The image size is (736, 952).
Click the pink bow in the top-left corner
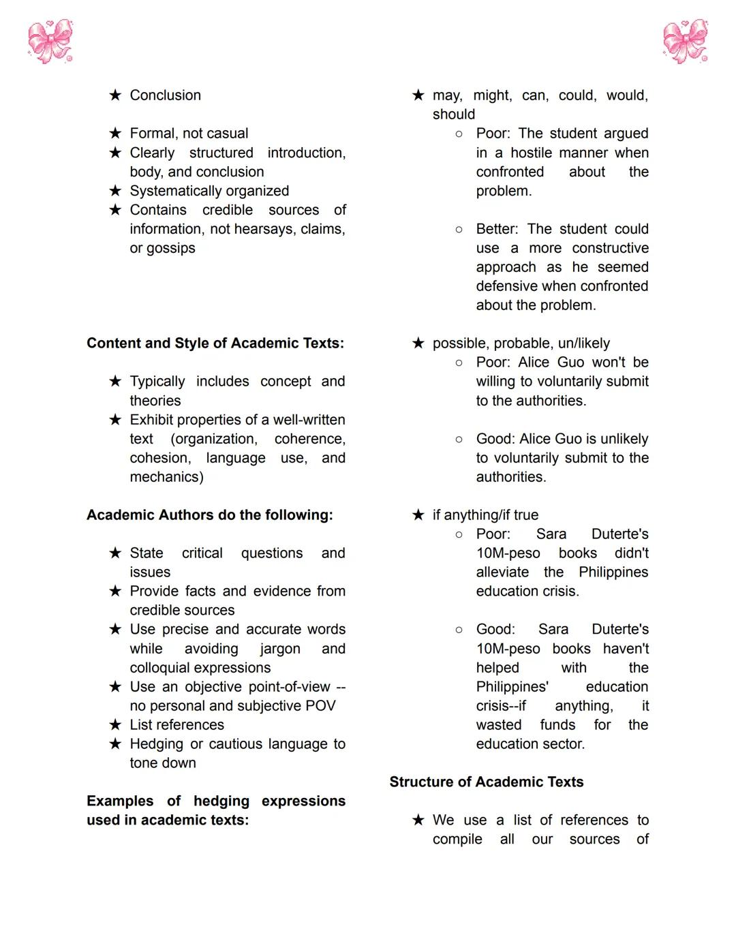pyautogui.click(x=50, y=41)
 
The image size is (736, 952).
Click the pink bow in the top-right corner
pyautogui.click(x=686, y=41)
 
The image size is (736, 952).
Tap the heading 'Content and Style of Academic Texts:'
pyautogui.click(x=215, y=343)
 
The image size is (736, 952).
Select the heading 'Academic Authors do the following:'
pyautogui.click(x=210, y=515)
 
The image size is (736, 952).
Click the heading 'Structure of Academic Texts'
pyautogui.click(x=487, y=782)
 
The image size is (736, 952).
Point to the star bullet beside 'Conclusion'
pyautogui.click(x=115, y=95)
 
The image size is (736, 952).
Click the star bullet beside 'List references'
pyautogui.click(x=115, y=725)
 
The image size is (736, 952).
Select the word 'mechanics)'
pyautogui.click(x=166, y=477)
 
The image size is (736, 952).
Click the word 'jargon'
pyautogui.click(x=279, y=649)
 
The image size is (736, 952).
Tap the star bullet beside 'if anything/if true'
pyautogui.click(x=418, y=515)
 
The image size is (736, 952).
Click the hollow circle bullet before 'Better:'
pyautogui.click(x=459, y=230)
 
